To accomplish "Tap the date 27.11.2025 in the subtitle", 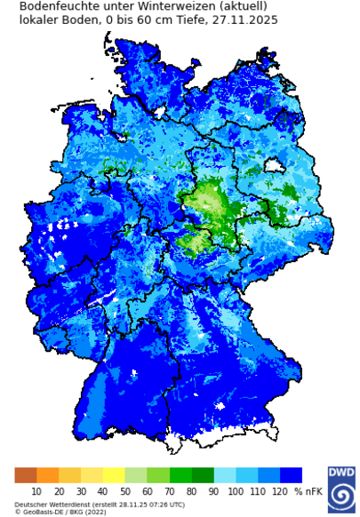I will pyautogui.click(x=244, y=20).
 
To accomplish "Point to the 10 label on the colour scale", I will pyautogui.click(x=36, y=491).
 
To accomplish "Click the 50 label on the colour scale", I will pyautogui.click(x=124, y=491).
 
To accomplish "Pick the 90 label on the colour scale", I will pyautogui.click(x=213, y=491).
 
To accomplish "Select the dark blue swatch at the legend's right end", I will pyautogui.click(x=291, y=475).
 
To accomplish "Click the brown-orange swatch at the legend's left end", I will pyautogui.click(x=26, y=475).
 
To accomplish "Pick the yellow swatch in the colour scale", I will pyautogui.click(x=114, y=475).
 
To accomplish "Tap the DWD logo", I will pyautogui.click(x=340, y=488).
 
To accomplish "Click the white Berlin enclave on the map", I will pyautogui.click(x=274, y=165).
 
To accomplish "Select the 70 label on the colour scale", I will pyautogui.click(x=169, y=491).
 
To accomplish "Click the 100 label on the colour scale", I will pyautogui.click(x=236, y=491).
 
